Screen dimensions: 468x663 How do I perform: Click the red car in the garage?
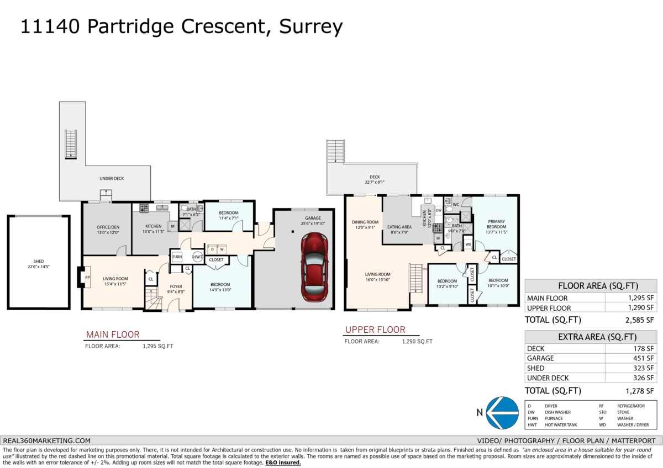point(313,265)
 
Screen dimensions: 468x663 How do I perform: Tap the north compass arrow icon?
point(502,412)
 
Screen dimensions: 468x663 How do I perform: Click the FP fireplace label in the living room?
point(87,278)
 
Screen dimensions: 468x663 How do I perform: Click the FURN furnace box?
point(177,257)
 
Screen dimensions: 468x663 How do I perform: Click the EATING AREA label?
point(399,227)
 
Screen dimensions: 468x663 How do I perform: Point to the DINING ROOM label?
point(365,224)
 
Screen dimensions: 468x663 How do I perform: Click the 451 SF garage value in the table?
point(642,358)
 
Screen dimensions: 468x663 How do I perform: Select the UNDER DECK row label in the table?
point(548,378)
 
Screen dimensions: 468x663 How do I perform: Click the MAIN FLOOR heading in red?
point(113,334)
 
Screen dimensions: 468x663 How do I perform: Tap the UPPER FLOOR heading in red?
point(375,330)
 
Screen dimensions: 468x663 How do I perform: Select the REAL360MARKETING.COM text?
point(47,440)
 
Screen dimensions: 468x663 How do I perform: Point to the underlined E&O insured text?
point(283,462)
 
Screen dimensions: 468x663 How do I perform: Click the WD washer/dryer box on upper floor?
point(468,244)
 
